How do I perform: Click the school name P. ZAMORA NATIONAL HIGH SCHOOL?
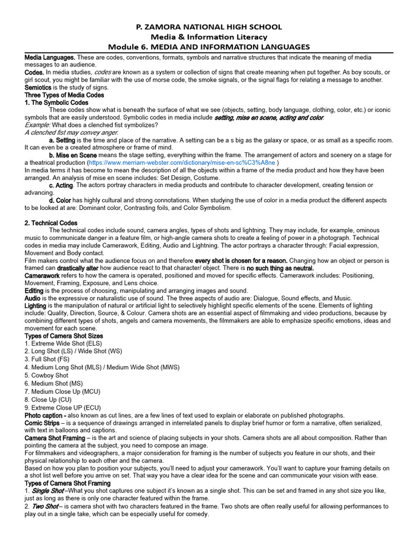[209, 27]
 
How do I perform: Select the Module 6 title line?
[209, 47]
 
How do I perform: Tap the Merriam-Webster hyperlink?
[183, 163]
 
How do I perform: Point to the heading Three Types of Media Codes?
[64, 95]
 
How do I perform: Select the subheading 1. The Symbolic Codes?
[57, 102]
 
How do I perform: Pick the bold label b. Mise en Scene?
[72, 155]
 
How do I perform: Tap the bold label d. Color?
[60, 200]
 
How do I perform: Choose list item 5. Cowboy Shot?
[47, 375]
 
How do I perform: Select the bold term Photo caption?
[46, 415]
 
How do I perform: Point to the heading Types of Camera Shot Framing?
[67, 483]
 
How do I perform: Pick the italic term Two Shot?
[45, 506]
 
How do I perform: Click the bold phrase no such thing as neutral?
[280, 268]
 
